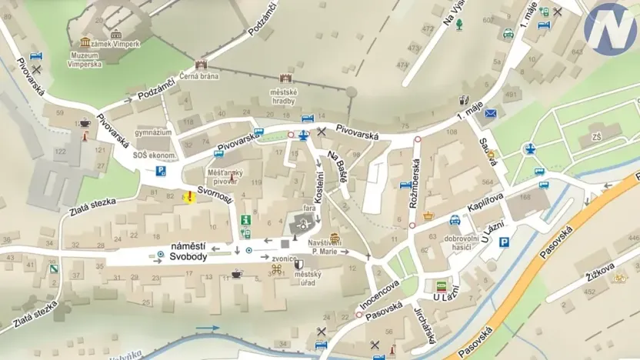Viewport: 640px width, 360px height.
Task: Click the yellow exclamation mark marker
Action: [188, 197]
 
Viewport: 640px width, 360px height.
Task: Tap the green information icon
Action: [246, 220]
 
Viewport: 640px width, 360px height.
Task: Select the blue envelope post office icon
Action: [490, 114]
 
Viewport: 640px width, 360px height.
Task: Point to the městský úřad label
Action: [308, 278]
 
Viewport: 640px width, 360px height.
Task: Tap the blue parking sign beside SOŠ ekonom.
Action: [162, 171]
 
